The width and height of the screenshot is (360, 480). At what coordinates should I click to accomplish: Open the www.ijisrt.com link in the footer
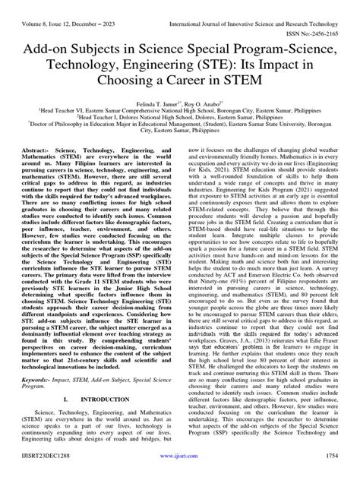coord(181,470)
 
